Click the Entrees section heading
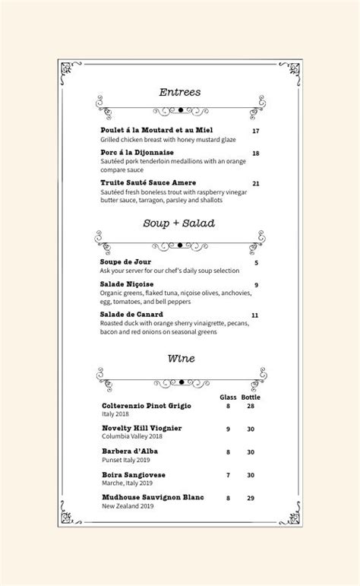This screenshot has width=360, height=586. [180, 92]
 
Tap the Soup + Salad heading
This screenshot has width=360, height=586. [179, 223]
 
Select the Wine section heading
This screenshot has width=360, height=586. [180, 357]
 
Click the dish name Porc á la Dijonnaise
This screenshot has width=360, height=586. [137, 152]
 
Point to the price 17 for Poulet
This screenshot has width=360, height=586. [256, 131]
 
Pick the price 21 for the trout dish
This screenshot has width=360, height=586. [256, 183]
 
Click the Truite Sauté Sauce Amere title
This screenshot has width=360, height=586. [148, 183]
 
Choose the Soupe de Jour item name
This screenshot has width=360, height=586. [125, 262]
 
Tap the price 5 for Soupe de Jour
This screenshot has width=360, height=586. [257, 263]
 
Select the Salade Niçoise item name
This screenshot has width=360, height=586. [127, 284]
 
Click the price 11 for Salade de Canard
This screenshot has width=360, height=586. [255, 315]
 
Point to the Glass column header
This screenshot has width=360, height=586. [228, 398]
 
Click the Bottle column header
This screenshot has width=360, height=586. [251, 398]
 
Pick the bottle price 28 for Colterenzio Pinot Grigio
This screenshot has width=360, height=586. [250, 407]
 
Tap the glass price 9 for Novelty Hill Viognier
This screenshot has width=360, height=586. [228, 429]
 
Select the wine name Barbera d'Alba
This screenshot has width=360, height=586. [130, 451]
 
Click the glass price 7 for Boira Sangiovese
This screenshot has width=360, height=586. [228, 475]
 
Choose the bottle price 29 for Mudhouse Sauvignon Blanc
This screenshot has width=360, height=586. [250, 498]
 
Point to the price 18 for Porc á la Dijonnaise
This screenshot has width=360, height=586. [256, 154]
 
